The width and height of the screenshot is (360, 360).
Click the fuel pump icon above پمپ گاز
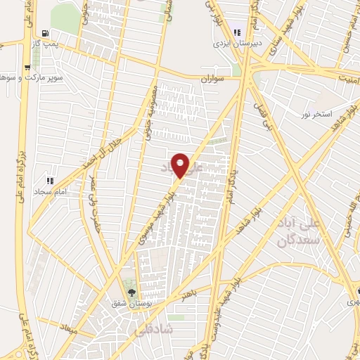click(x=46, y=32)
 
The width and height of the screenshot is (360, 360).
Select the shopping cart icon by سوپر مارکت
click(x=27, y=68)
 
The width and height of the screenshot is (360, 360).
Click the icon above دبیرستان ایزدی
click(x=237, y=31)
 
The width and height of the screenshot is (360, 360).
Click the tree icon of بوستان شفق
click(x=129, y=292)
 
